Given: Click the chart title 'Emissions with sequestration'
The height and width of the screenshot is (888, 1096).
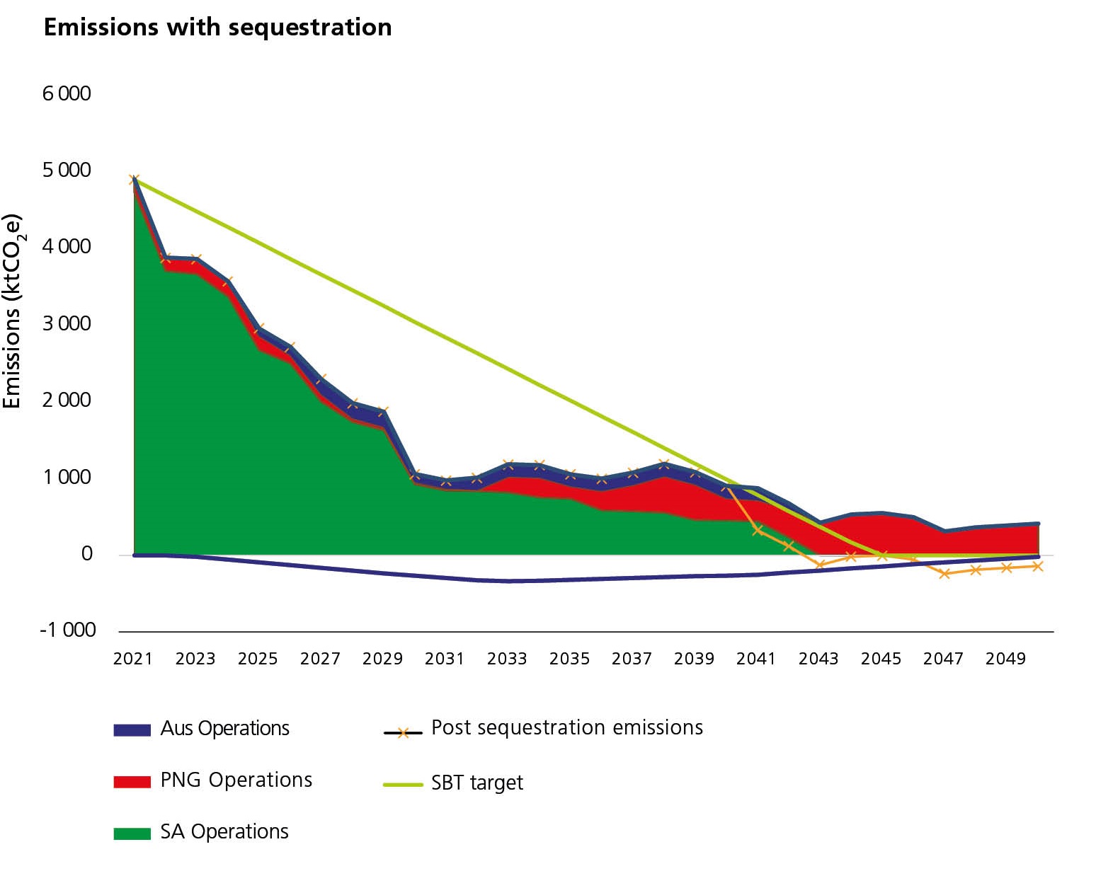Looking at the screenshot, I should coord(217,28).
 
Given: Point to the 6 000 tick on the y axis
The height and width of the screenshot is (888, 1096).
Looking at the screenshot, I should coord(67,93).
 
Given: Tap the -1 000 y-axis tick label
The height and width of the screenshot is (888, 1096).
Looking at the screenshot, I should coord(67,630).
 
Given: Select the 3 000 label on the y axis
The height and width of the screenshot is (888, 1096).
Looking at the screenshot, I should coord(67,323).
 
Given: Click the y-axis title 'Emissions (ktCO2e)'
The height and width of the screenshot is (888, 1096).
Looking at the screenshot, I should coord(13,311).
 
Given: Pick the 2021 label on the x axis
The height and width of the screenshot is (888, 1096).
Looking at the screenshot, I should coord(133,659).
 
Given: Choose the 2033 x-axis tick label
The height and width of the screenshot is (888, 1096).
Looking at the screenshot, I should coord(507,659).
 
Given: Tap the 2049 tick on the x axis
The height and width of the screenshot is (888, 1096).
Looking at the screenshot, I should coord(1005,659).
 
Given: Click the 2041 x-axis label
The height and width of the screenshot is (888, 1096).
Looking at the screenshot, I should coord(756,659).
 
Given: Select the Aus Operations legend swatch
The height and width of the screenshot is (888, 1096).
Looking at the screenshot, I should coord(132,730).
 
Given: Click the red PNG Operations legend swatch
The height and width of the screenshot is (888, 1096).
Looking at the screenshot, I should coord(132,781).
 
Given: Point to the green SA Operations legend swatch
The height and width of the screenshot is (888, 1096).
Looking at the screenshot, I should coord(132,833).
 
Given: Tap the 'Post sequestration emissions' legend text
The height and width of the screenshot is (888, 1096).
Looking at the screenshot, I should coord(567,728).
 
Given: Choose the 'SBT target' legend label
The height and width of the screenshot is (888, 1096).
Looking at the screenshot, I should coord(477,783).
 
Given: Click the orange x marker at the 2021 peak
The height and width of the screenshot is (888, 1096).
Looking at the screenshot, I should coord(134,180).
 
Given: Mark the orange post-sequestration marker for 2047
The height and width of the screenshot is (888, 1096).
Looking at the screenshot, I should coord(944,573).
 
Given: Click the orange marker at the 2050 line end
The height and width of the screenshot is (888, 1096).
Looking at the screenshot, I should coord(1037,566).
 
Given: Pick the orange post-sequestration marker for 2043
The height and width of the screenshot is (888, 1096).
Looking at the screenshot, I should coord(820,564).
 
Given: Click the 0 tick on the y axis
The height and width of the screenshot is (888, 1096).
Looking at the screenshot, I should coord(87,553).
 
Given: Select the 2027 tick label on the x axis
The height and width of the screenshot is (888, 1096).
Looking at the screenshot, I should coord(320,659).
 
